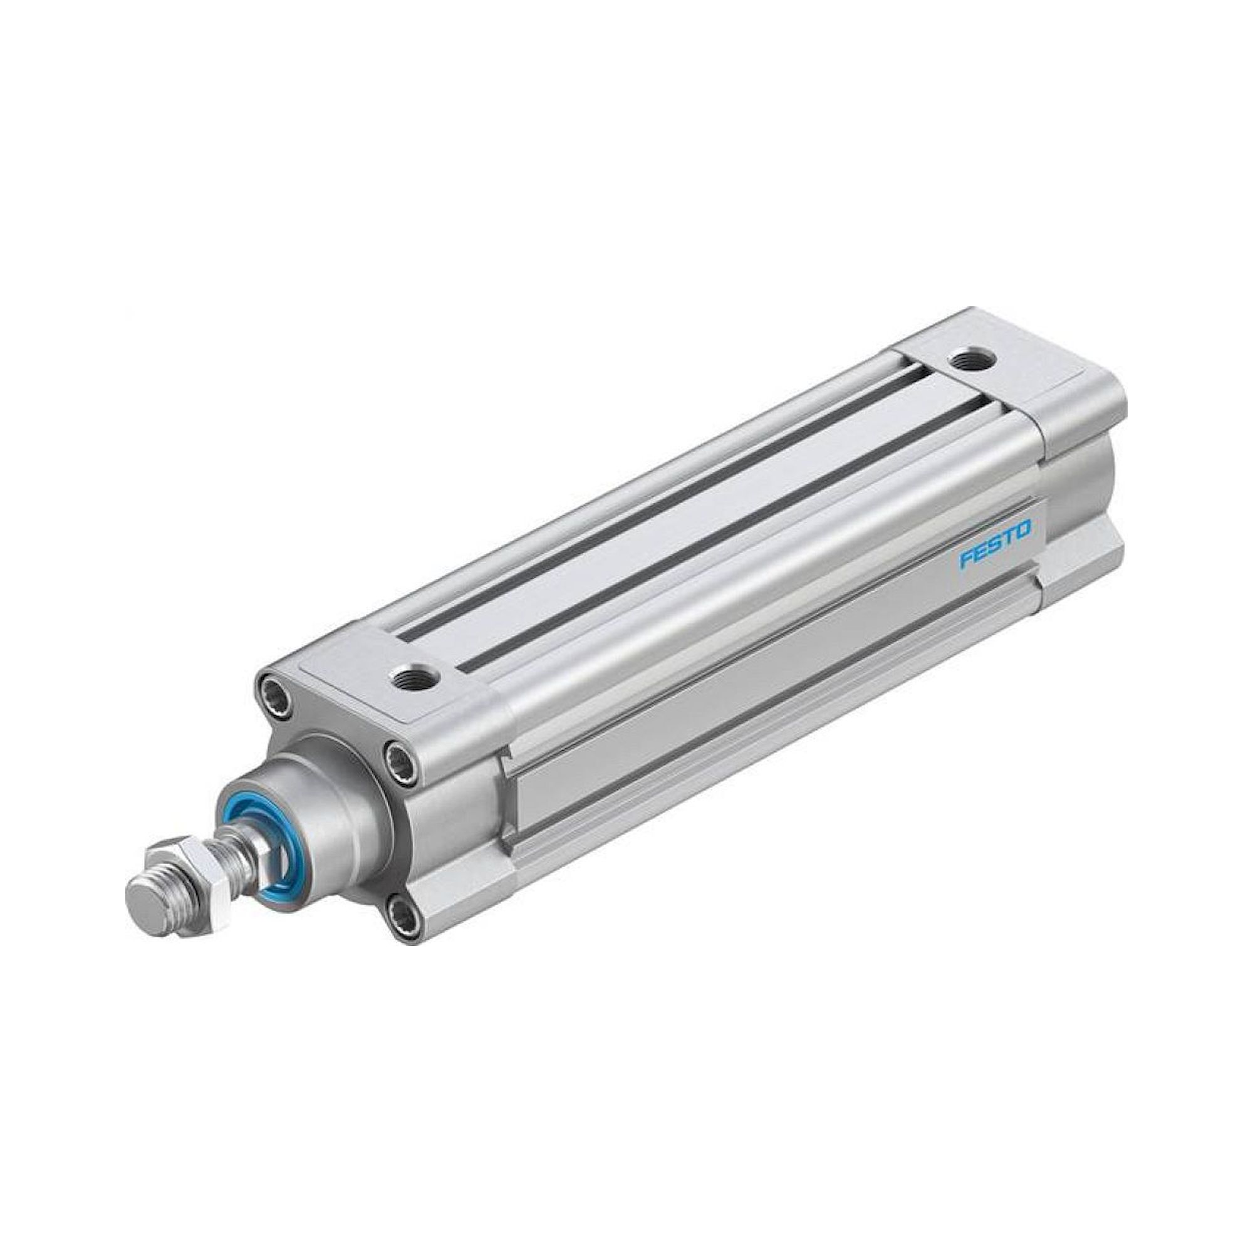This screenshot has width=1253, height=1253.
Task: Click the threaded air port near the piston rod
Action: (416, 678)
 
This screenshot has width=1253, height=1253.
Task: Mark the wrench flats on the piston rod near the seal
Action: (253, 850)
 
